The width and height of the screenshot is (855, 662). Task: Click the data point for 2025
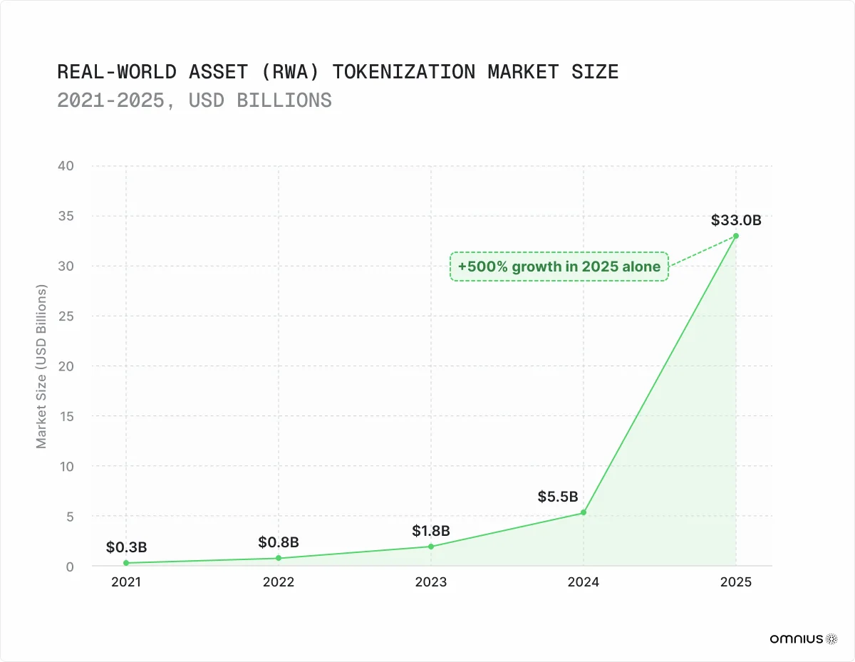point(736,236)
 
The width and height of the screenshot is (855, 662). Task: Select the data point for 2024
point(584,512)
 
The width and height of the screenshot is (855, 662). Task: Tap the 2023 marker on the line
point(431,547)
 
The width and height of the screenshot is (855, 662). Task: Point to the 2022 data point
point(279,558)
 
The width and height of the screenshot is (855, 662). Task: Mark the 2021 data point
point(126,563)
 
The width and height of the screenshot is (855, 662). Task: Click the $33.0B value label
point(736,220)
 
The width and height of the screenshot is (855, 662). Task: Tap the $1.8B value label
point(431,531)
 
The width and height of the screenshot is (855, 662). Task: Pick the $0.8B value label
point(279,542)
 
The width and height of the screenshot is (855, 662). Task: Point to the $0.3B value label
point(126,547)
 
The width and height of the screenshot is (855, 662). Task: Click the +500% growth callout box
point(559,267)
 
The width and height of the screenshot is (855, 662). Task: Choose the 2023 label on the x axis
point(431,582)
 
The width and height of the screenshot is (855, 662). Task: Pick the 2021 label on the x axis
point(126,582)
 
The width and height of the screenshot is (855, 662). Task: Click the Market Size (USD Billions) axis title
point(41,367)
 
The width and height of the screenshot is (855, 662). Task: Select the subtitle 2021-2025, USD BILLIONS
point(195,100)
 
